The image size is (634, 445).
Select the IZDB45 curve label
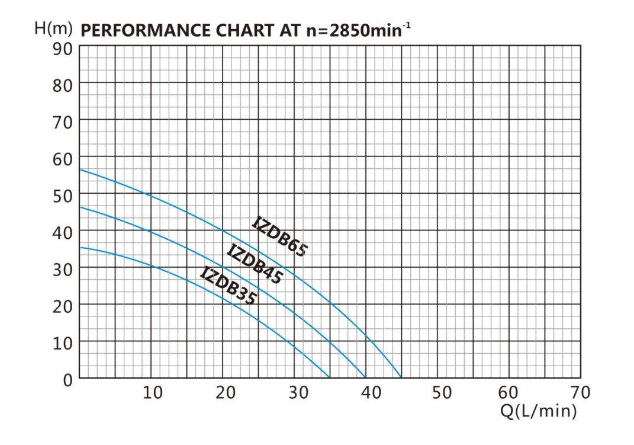tap(255, 264)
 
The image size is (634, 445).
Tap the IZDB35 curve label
tap(229, 286)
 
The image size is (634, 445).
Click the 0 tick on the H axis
tap(67, 379)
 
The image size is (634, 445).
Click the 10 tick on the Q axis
tap(152, 392)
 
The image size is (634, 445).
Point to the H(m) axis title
tap(53, 28)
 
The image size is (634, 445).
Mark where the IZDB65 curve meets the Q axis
tap(401, 378)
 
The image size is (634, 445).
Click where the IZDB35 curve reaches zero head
tap(329, 378)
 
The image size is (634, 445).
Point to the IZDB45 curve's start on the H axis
tap(80, 207)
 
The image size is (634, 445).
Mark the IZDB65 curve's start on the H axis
tap(80, 169)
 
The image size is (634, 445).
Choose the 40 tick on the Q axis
tap(371, 392)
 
